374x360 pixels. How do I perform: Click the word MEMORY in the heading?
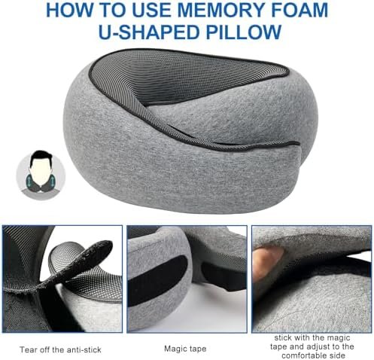click(x=223, y=10)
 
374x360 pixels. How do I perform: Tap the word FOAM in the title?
click(x=299, y=10)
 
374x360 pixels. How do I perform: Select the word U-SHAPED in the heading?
click(x=149, y=32)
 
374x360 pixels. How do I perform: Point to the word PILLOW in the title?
click(x=243, y=32)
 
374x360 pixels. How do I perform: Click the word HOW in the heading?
click(x=68, y=10)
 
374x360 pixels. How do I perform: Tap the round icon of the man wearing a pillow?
click(x=41, y=175)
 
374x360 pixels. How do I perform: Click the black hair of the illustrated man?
click(x=41, y=157)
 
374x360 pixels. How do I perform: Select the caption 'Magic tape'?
click(x=185, y=349)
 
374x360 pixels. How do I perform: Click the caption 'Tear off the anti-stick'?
click(x=60, y=349)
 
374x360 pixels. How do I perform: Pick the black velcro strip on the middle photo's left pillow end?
click(x=157, y=276)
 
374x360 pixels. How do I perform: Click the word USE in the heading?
click(x=154, y=10)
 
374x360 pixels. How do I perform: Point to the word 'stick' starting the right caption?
click(x=283, y=338)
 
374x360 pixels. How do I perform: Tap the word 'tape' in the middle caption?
click(x=197, y=349)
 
